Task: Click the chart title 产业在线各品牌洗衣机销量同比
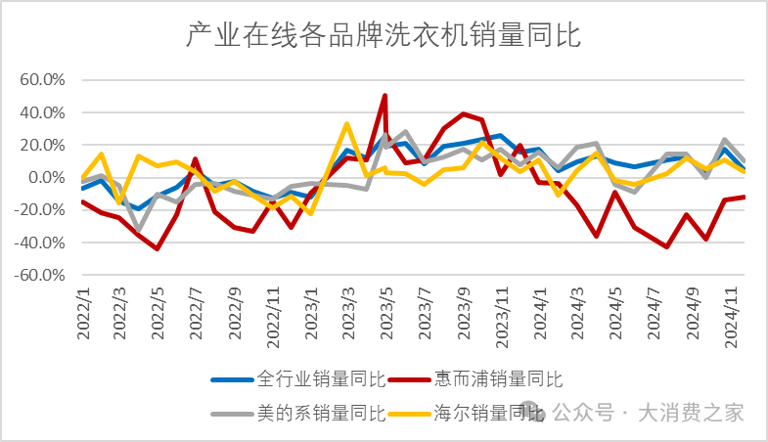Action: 384,36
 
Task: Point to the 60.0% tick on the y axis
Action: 42,80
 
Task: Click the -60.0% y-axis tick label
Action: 39,276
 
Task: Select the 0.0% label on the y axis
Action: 45,178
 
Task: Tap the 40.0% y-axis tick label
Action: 42,112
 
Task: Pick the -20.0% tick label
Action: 39,210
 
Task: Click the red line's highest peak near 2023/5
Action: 384,96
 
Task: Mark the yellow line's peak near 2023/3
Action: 346,124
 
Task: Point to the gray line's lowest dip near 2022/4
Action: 139,231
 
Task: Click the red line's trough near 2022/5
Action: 158,248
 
